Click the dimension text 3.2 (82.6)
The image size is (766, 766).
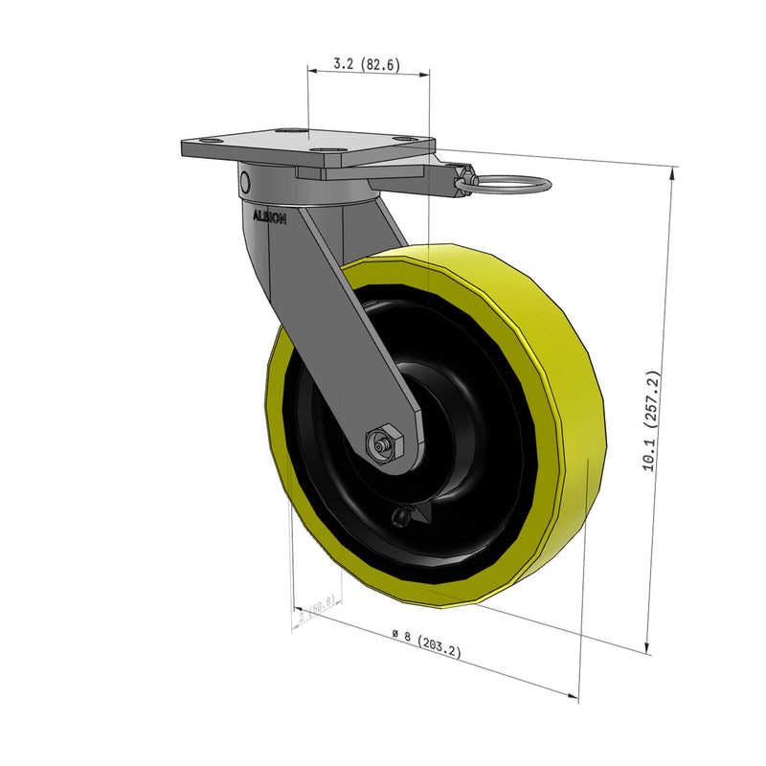(367, 65)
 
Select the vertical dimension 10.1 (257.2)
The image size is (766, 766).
(652, 421)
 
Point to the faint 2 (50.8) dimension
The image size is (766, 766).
(315, 610)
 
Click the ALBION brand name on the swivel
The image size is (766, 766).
(269, 216)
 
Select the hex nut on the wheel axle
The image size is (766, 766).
(385, 443)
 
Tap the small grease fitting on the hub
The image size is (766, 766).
(400, 518)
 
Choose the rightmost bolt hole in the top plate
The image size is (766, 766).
(409, 141)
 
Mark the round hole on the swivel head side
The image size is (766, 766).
(245, 182)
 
